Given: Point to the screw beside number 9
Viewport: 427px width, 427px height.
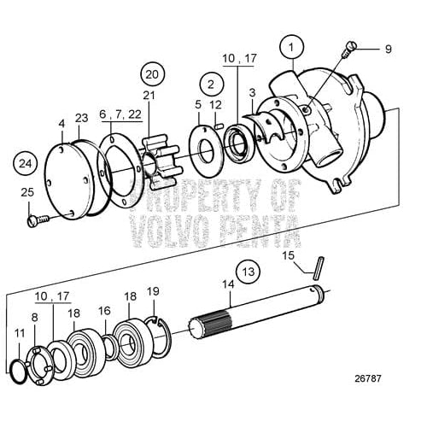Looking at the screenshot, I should (346, 51).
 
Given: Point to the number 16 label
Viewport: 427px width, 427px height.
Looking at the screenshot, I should (104, 312).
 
